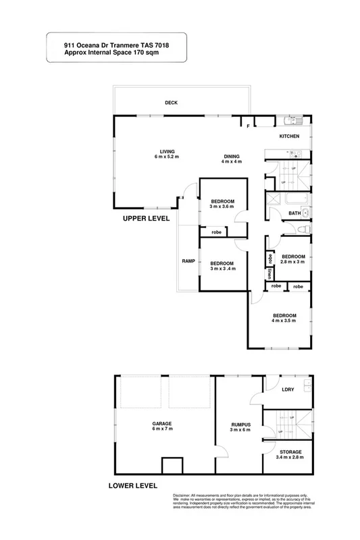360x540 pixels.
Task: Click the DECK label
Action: point(170,103)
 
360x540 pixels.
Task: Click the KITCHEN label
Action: point(290,136)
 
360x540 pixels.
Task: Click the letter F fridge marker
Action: point(248,126)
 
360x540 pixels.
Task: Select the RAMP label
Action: point(188,261)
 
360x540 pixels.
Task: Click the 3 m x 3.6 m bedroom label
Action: point(222,205)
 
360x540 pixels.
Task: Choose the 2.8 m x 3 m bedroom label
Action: point(293,260)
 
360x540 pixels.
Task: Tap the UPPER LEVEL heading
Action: point(147,219)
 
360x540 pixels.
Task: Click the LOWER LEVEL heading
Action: point(132,485)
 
